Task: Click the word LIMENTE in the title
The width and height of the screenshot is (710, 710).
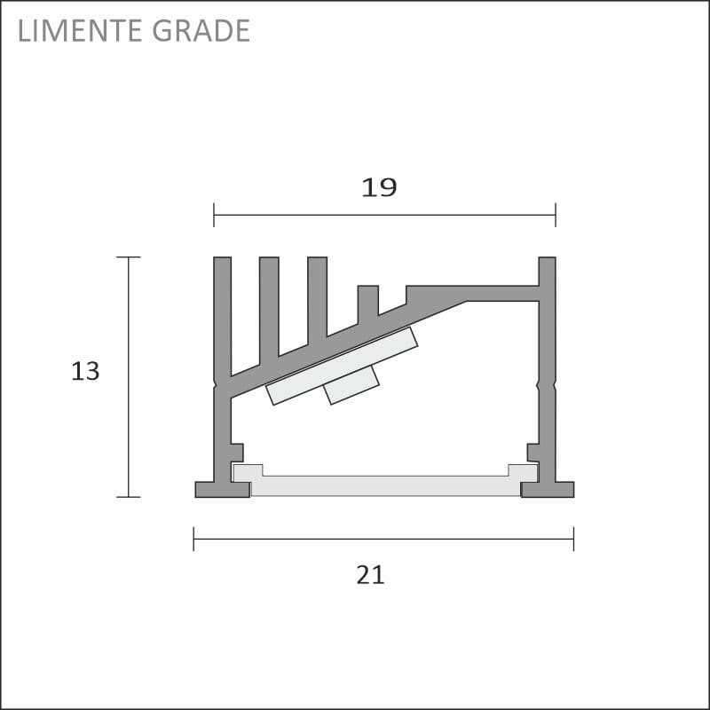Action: coord(80,30)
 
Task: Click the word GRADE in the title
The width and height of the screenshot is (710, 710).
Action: coord(201,30)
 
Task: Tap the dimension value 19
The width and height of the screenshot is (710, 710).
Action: coord(379,187)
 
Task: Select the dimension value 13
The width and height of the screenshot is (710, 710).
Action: coord(85,371)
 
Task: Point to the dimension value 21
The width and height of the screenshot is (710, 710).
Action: coord(370,575)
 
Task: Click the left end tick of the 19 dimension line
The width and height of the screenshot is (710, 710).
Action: coord(214,215)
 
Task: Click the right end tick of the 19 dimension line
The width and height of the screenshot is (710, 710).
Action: coord(556,215)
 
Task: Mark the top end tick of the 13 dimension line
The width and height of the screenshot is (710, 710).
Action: coord(128,257)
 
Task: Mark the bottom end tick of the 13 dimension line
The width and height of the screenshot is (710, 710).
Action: coord(128,497)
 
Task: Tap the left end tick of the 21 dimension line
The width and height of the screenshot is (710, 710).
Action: coord(193,539)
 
